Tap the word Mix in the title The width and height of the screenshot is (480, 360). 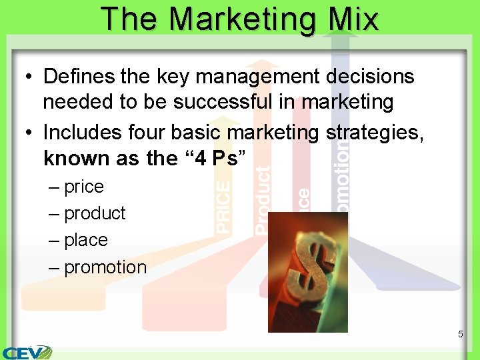tap(353, 19)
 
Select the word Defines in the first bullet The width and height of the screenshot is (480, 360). tap(80, 77)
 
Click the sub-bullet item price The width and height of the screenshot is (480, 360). tap(84, 187)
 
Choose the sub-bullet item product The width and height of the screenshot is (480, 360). tap(95, 213)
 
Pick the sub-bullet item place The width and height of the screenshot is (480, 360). tap(86, 240)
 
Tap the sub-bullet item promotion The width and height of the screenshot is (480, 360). tap(105, 267)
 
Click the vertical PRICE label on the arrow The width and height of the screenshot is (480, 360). tap(224, 206)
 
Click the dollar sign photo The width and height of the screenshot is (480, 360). tap(307, 271)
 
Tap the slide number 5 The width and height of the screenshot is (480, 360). tap(460, 334)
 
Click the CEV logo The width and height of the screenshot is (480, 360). tap(27, 351)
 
